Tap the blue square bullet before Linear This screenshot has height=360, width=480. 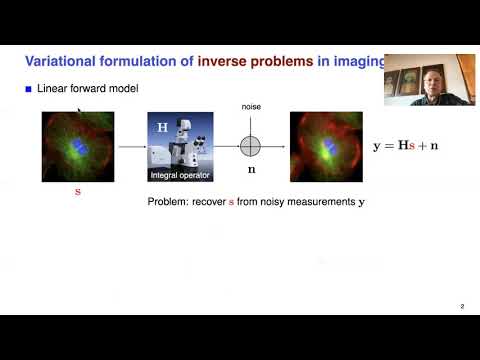click(29, 90)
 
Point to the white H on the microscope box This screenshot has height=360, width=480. click(162, 128)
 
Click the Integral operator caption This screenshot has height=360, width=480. click(181, 176)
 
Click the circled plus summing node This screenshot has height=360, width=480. click(250, 146)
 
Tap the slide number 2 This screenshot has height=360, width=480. click(461, 306)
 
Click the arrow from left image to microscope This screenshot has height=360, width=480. click(130, 146)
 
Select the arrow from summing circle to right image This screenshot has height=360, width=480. click(275, 146)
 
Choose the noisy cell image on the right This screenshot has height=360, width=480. click(325, 146)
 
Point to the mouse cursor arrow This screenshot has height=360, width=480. click(81, 112)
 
